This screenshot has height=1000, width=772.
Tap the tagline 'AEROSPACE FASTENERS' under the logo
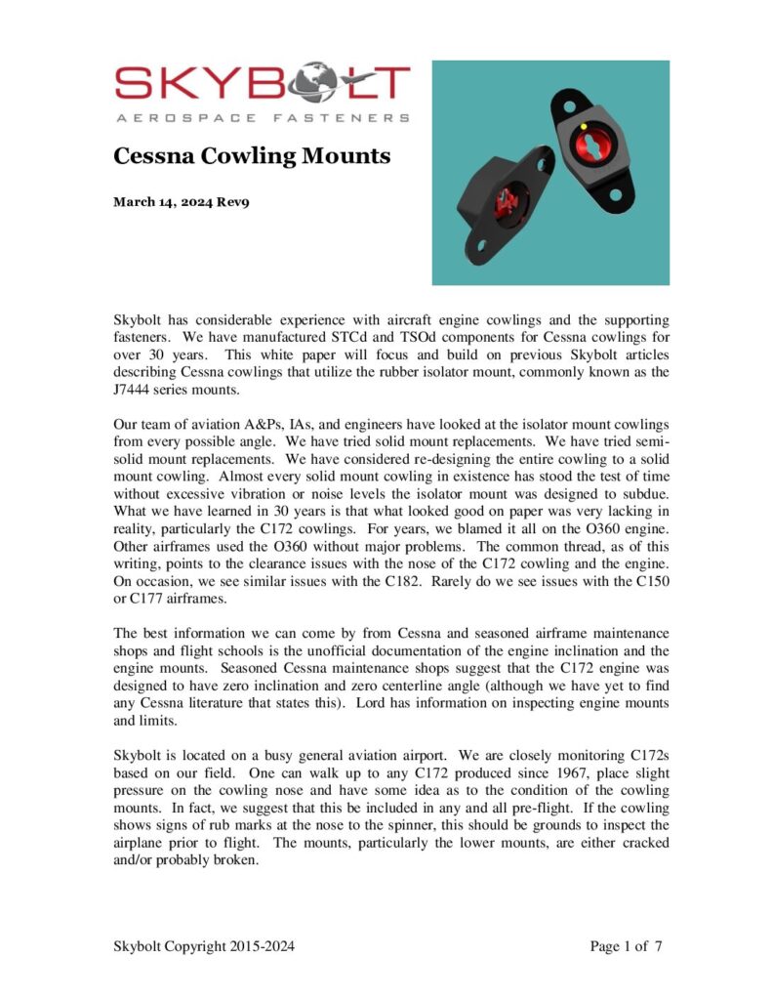[262, 118]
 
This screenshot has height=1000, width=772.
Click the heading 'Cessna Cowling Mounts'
[252, 155]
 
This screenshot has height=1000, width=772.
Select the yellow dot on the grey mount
[584, 126]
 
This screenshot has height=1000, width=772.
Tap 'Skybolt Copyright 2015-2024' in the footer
[204, 946]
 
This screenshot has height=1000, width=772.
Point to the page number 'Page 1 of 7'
[626, 946]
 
